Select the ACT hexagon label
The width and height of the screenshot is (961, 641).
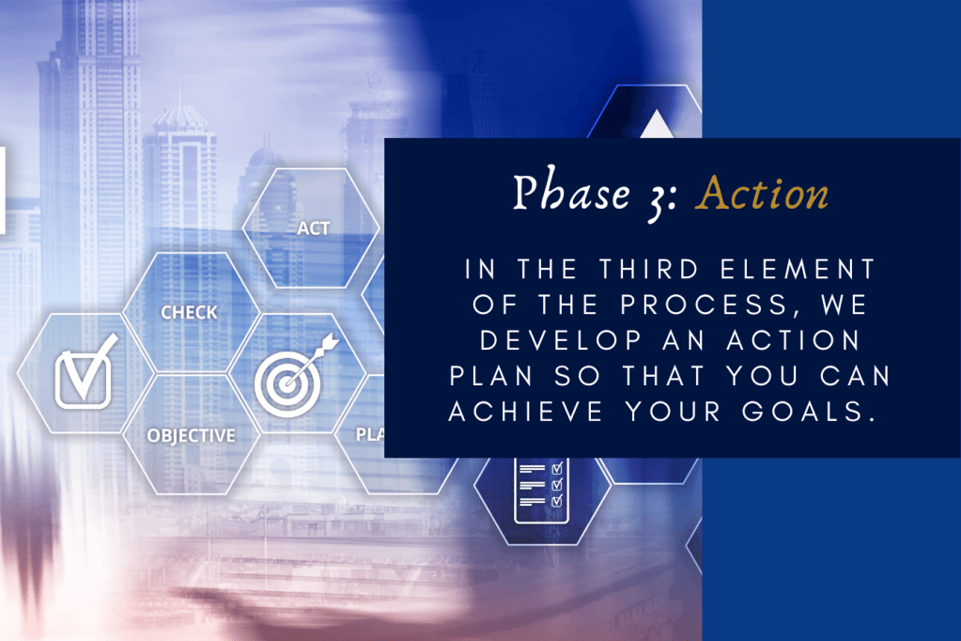tap(313, 228)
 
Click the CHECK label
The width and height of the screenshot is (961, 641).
tap(189, 312)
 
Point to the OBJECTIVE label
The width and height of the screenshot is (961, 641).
tap(191, 435)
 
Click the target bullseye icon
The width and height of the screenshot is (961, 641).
tap(281, 385)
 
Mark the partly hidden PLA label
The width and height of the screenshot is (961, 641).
tap(369, 435)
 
